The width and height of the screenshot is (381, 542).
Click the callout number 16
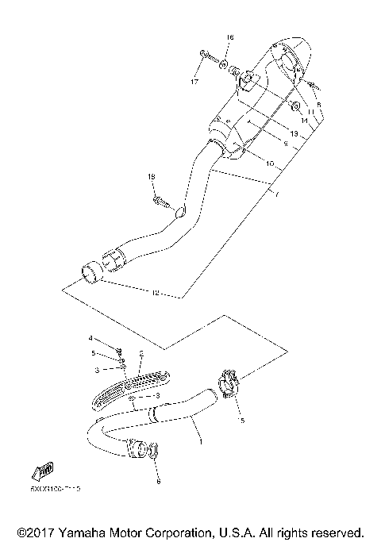tap(230, 37)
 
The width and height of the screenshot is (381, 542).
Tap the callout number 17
tap(194, 82)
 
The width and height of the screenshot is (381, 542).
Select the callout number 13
tap(293, 134)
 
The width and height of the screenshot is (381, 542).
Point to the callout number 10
tap(270, 163)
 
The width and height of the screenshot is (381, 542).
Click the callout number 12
tap(156, 293)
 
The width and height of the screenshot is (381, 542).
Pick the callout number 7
tap(278, 194)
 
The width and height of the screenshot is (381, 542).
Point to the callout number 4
tap(90, 339)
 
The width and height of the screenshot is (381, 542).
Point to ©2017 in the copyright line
tap(37, 531)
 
